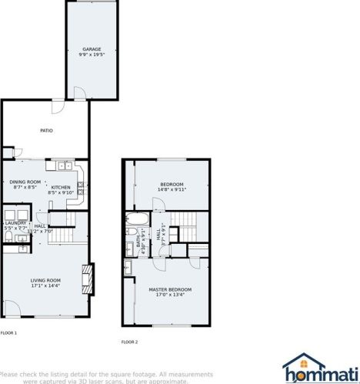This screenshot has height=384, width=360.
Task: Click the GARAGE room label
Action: [x=92, y=48]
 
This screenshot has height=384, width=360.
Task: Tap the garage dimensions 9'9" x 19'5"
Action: [x=92, y=55]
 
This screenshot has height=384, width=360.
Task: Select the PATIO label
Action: [x=46, y=130]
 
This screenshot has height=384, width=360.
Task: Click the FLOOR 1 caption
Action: [x=8, y=333]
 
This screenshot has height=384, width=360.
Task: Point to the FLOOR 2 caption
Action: [x=129, y=342]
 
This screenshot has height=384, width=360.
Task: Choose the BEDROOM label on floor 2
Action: [x=172, y=184]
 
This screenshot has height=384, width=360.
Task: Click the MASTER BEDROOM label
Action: [x=170, y=289]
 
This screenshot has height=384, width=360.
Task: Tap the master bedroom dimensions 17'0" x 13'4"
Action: [x=170, y=295]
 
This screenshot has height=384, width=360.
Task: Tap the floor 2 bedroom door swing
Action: [x=157, y=205]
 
